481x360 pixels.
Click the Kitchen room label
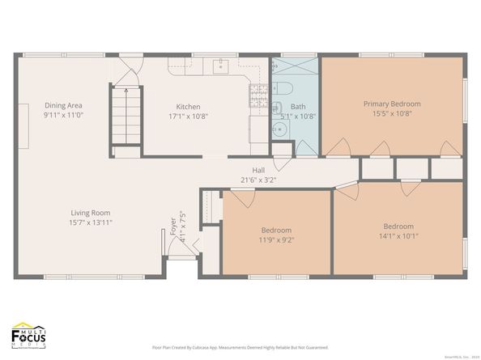click(188, 107)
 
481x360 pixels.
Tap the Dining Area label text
click(63, 105)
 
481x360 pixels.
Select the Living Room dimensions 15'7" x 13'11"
click(90, 222)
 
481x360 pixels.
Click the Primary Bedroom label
click(392, 104)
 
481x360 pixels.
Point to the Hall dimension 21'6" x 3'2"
click(258, 180)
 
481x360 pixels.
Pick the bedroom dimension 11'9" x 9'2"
click(276, 239)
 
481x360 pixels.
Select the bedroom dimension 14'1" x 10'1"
click(398, 236)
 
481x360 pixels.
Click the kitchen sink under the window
click(219, 66)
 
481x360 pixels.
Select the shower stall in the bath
click(297, 66)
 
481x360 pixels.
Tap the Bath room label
click(298, 107)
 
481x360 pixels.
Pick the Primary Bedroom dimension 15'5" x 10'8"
click(392, 114)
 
